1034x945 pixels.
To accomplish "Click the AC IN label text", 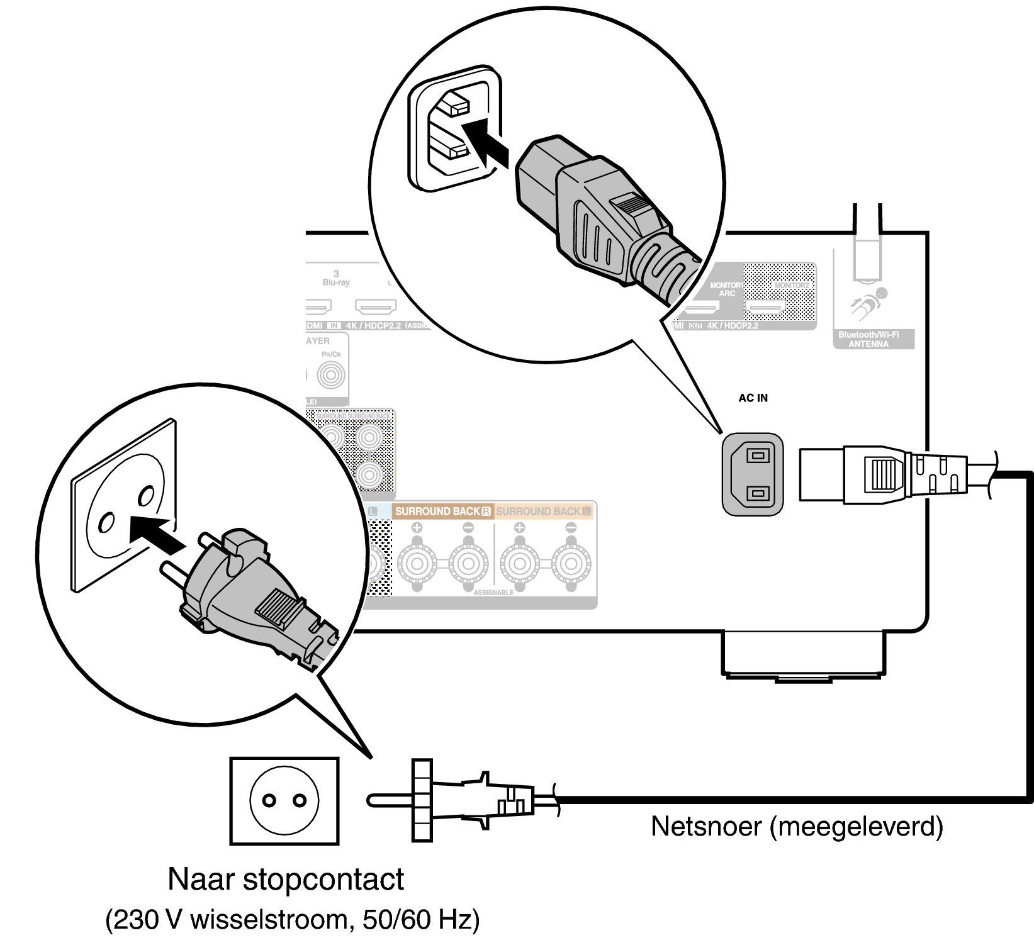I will coord(753,398).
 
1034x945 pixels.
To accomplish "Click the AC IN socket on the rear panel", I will coord(753,474).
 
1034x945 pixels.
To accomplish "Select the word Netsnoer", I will coord(707,827).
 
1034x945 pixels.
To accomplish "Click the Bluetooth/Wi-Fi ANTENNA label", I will coord(868,340).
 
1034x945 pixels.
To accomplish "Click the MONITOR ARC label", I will coord(726,289).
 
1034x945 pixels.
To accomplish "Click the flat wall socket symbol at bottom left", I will coord(284,801).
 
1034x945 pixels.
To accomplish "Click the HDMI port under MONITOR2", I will coord(766,308).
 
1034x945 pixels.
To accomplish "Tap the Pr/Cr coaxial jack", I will coord(331,376).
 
